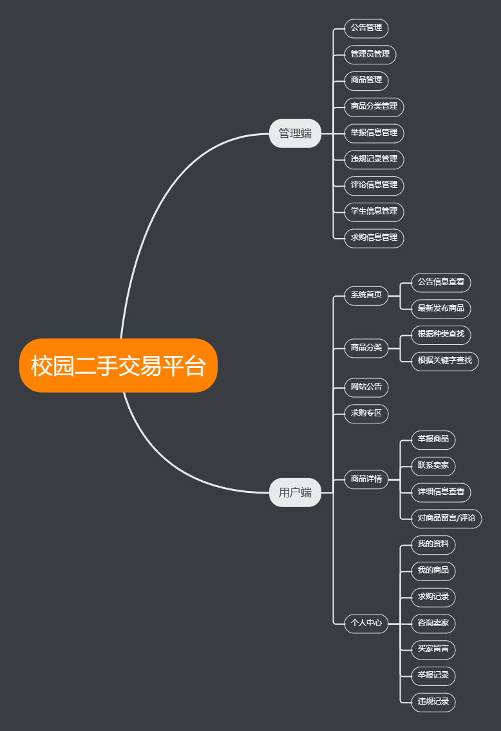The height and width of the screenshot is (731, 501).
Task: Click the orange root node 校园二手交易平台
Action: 118,365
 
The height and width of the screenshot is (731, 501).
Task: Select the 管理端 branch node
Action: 295,133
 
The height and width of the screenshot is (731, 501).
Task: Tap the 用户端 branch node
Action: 295,493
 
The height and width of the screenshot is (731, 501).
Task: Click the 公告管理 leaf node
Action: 366,28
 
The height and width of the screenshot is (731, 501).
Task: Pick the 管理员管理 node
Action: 370,54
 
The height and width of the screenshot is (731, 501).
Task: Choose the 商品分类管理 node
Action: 374,106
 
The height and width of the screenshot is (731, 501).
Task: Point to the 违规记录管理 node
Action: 374,159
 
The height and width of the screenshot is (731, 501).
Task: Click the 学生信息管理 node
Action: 374,211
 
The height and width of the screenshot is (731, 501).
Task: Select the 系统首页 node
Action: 366,295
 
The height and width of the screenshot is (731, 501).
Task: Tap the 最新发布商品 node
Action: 441,308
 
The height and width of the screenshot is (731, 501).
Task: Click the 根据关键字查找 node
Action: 445,360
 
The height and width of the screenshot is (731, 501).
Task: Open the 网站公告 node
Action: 366,387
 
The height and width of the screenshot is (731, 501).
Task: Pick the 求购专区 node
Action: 366,413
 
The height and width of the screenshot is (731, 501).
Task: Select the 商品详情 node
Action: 366,479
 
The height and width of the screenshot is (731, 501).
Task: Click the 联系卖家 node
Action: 433,465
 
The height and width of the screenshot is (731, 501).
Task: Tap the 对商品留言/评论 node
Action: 447,518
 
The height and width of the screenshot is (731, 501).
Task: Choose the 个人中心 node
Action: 366,623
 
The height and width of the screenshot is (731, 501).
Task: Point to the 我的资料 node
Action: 433,544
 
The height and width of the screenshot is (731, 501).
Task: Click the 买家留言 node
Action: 433,649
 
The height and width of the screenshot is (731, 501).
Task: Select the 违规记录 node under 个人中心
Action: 433,701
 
